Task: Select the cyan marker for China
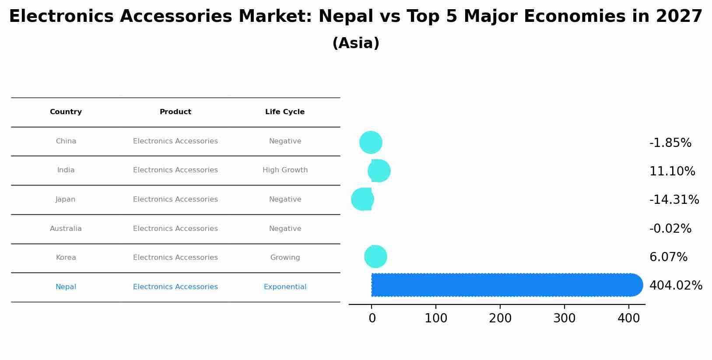(x=371, y=142)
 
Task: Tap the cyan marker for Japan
(x=362, y=199)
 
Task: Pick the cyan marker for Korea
(x=375, y=256)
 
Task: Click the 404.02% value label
(x=676, y=286)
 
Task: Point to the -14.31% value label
(x=674, y=200)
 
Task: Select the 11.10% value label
(x=672, y=171)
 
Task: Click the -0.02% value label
(x=670, y=229)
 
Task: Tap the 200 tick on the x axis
(x=500, y=318)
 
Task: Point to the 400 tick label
(x=629, y=318)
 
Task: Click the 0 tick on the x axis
(x=372, y=318)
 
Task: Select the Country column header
(x=66, y=112)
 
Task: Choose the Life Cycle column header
(x=285, y=112)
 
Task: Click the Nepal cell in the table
(x=66, y=287)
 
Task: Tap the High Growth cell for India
(x=285, y=170)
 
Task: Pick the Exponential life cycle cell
(x=285, y=287)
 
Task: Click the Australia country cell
(x=66, y=229)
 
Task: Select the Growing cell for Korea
(x=285, y=258)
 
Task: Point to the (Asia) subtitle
(x=356, y=43)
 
